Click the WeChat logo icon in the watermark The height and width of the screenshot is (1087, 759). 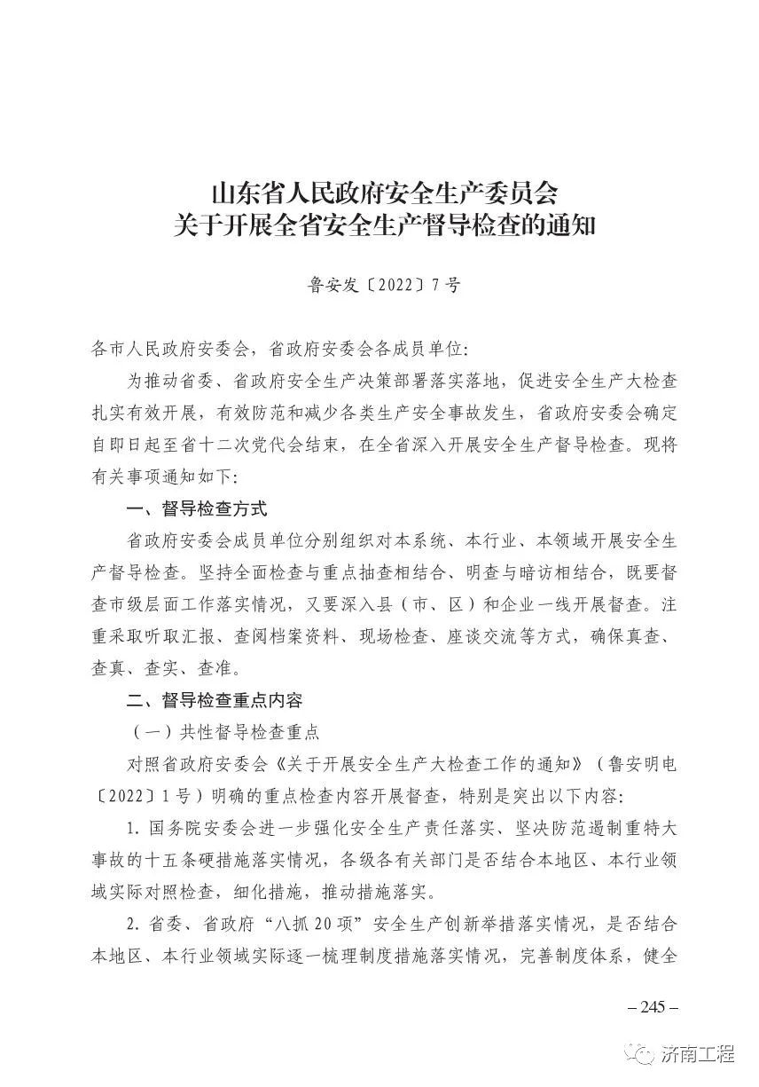point(642,1055)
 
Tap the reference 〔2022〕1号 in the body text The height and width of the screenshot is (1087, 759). point(130,796)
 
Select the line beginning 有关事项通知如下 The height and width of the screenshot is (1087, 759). point(165,477)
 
